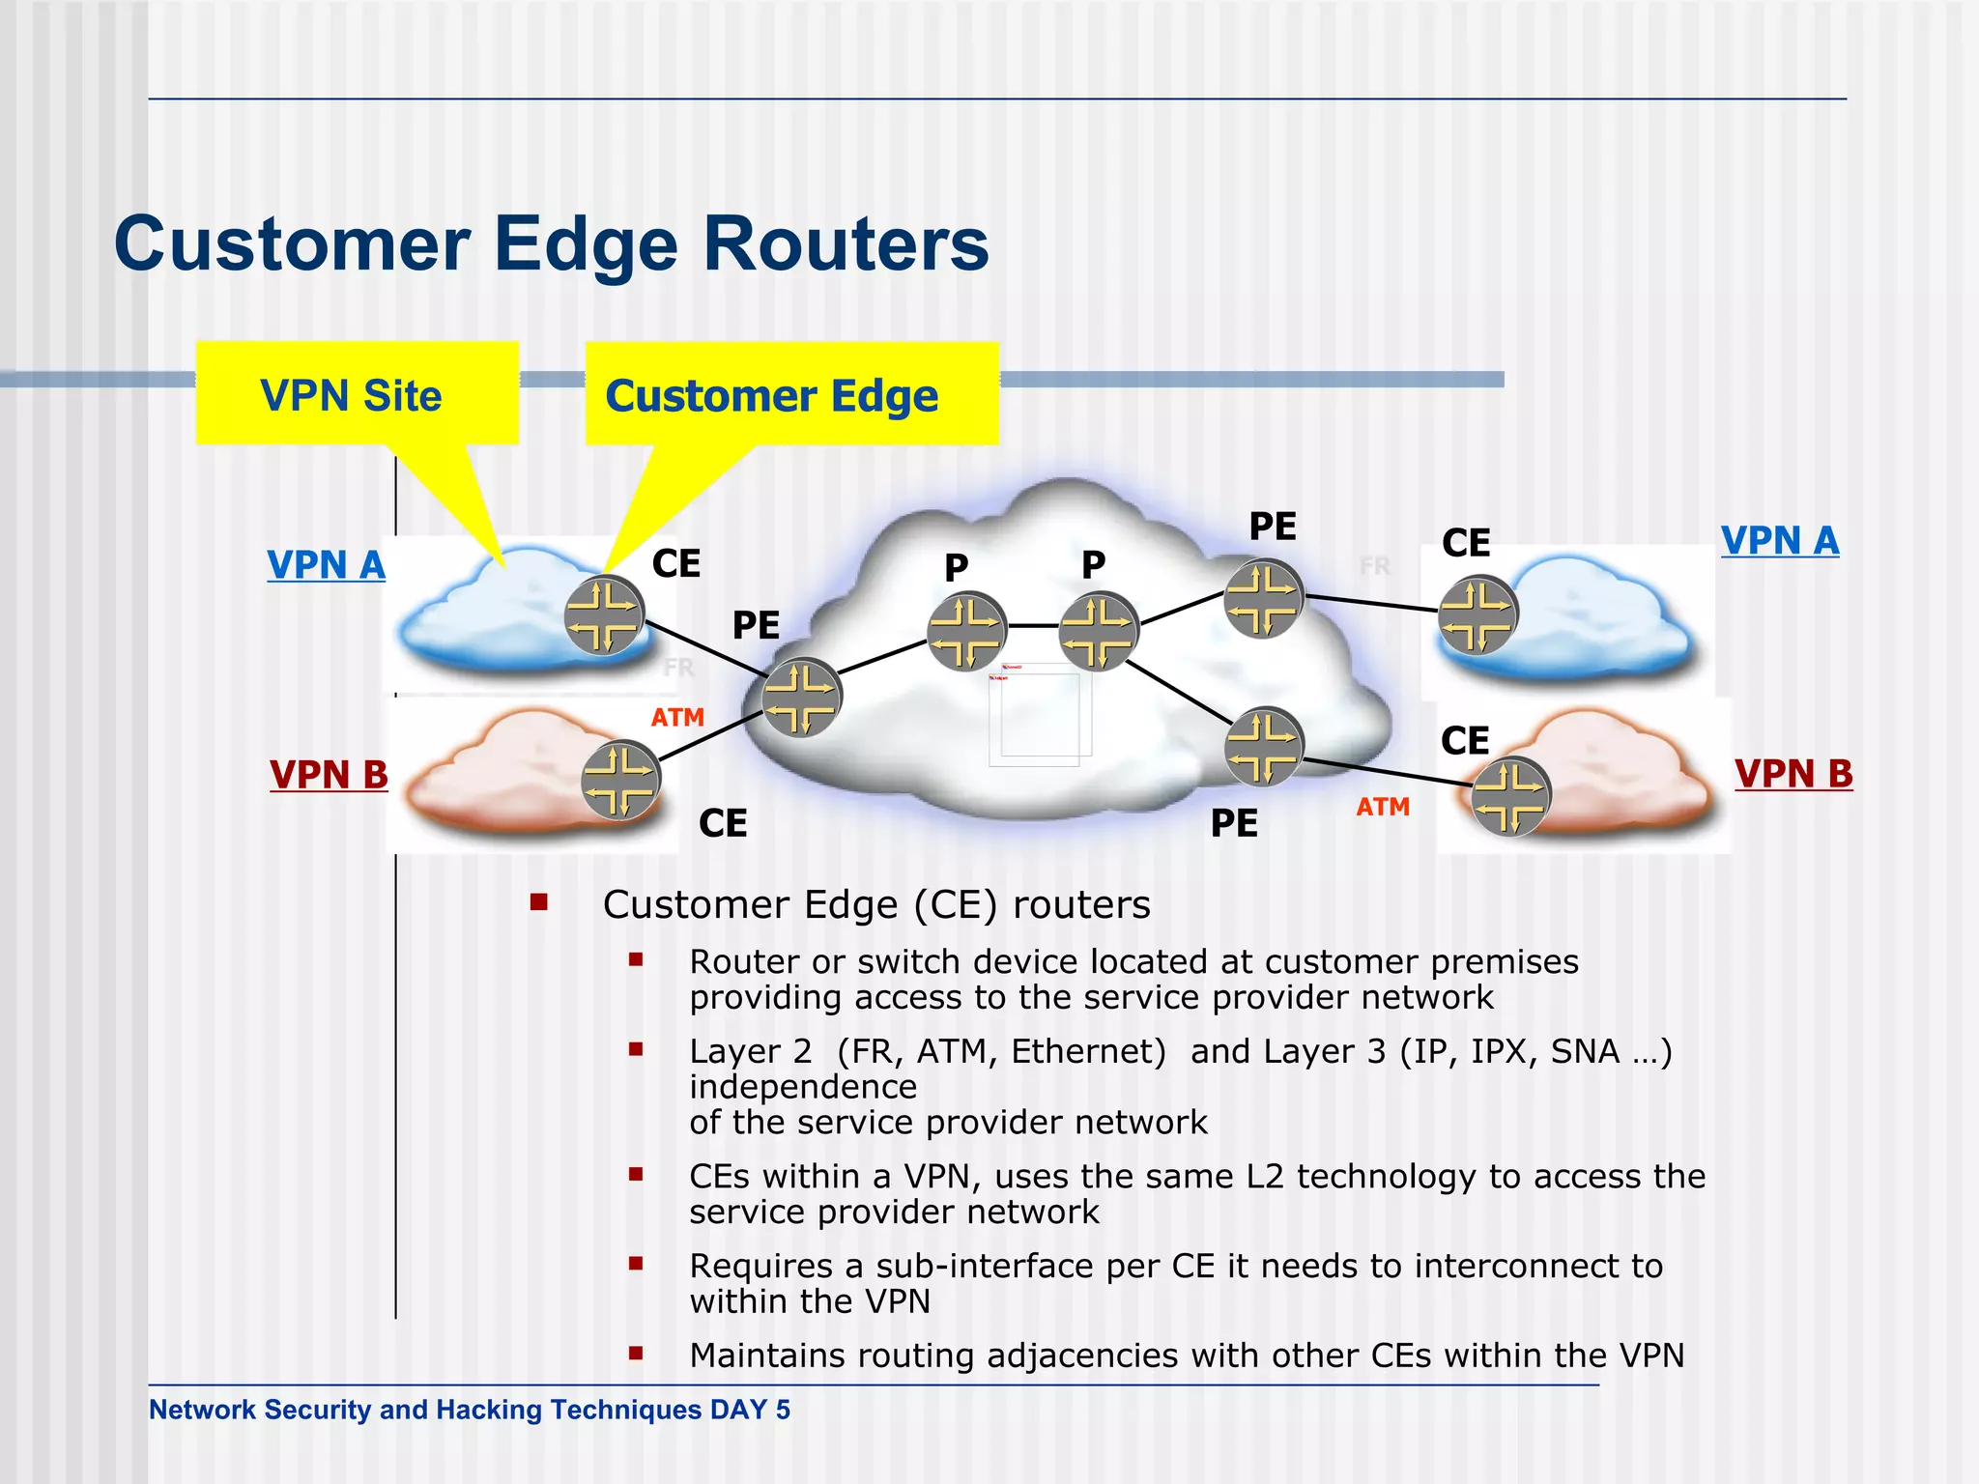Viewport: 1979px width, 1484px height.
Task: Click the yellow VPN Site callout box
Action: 357,394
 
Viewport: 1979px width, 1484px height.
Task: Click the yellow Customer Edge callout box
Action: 791,394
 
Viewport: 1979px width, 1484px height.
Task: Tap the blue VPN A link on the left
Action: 326,565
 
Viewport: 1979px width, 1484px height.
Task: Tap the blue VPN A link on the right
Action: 1779,540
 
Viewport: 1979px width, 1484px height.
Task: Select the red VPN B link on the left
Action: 329,775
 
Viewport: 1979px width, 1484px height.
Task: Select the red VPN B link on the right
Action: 1793,774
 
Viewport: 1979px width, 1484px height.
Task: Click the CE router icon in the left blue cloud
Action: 604,615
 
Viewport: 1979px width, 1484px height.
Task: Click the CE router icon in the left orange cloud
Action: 620,780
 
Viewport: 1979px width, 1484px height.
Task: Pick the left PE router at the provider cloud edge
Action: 801,697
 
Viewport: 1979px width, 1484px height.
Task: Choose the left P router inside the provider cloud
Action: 966,631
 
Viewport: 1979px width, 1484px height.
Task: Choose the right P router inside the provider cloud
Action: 1099,631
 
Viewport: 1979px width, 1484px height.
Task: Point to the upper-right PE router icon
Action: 1263,598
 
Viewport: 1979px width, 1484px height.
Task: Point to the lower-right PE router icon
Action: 1263,747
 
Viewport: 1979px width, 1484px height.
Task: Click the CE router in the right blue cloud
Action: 1477,614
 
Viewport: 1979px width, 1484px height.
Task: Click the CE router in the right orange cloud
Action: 1510,796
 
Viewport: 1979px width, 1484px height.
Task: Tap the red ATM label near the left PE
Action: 677,718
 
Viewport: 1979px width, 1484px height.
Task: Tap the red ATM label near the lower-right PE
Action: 1383,807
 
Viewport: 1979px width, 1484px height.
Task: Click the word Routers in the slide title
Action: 846,243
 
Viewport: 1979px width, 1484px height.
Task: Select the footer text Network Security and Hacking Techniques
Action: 425,1410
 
